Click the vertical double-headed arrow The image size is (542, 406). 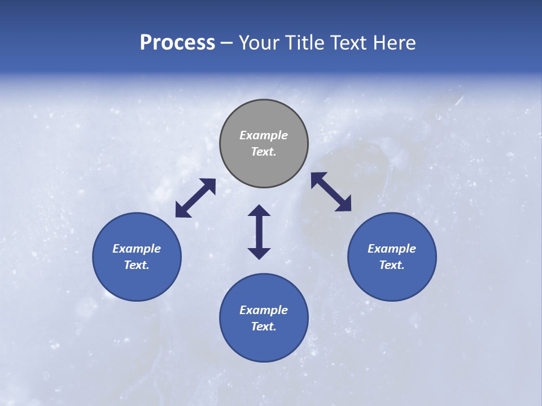tap(259, 232)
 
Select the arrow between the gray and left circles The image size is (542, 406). tap(195, 198)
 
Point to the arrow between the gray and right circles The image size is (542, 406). tap(331, 192)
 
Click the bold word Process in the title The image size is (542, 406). tap(177, 42)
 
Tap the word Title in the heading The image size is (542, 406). tap(305, 42)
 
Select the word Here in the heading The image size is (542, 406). tap(395, 42)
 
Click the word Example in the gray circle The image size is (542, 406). tap(264, 135)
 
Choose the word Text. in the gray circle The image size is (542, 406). tap(264, 152)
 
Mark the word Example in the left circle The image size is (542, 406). tap(137, 249)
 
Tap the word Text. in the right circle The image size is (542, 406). tap(392, 265)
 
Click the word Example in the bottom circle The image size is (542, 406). tap(264, 310)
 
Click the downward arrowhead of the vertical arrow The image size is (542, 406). tap(259, 253)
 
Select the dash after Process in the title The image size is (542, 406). tap(226, 43)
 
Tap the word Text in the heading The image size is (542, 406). tap(348, 42)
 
